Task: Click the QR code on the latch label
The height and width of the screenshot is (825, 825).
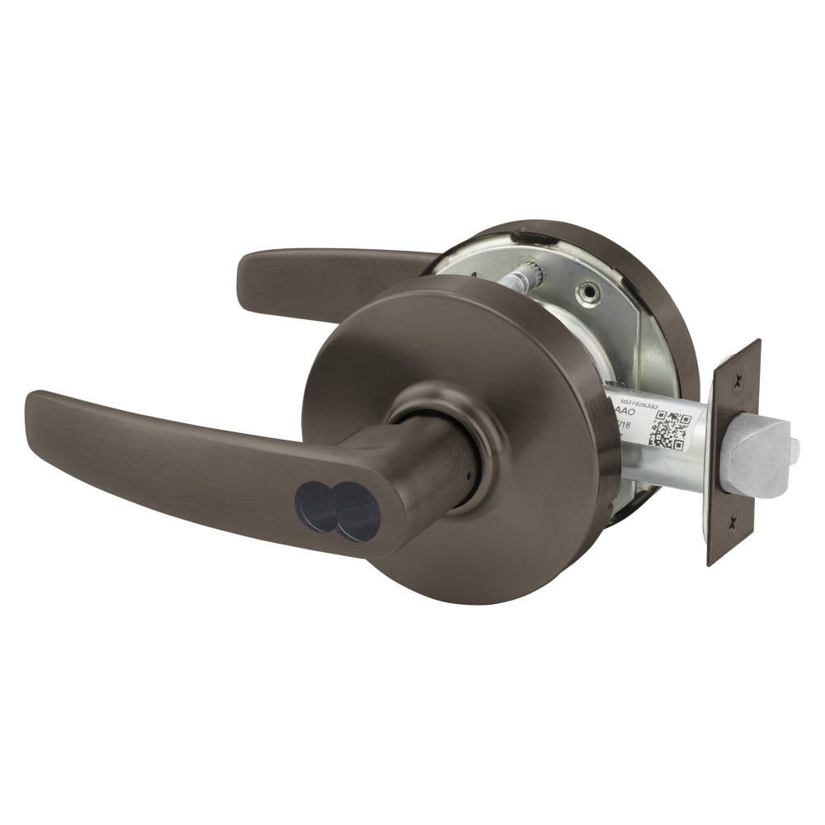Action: click(x=668, y=429)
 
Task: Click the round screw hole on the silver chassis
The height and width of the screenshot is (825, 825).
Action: click(x=588, y=292)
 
